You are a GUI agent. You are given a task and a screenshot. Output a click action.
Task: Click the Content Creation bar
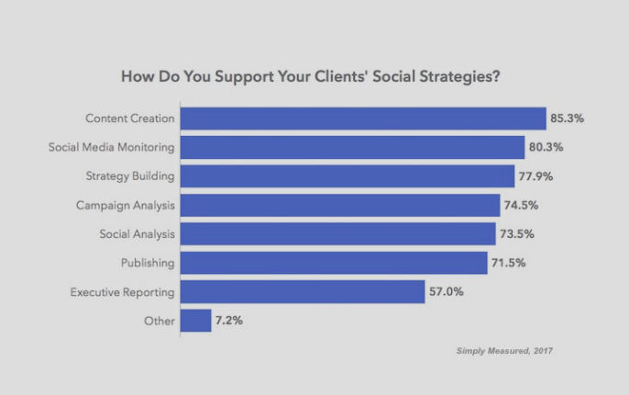[x=363, y=118]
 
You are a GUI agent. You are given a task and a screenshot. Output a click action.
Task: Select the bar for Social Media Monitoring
[x=352, y=147]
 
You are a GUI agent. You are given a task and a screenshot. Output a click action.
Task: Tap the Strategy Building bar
[x=348, y=176]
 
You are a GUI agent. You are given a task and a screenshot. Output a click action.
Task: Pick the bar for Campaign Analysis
[x=340, y=205]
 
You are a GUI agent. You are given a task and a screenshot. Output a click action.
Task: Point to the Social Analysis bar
[x=337, y=234]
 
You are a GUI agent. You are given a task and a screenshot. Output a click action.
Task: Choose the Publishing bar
[x=334, y=263]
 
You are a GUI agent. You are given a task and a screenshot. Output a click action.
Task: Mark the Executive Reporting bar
[x=303, y=292]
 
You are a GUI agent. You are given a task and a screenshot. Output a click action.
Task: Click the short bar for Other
[x=196, y=321]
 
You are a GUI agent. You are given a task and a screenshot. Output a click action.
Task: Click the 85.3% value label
[x=568, y=118]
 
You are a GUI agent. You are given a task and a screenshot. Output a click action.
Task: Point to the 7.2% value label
[x=229, y=321]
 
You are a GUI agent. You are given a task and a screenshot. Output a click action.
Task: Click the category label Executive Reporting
[x=123, y=292]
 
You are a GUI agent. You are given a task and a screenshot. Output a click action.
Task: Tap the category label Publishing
[x=148, y=263]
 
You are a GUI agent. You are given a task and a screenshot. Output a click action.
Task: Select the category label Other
[x=159, y=321]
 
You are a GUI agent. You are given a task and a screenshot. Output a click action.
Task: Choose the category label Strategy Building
[x=129, y=176]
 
